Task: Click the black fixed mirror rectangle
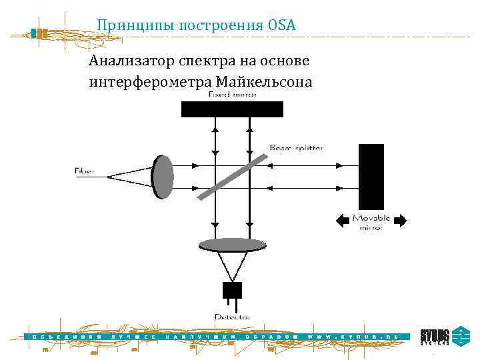[x=232, y=109]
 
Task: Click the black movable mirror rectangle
[x=371, y=176]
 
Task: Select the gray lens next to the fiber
[x=163, y=176]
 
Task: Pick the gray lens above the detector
[x=233, y=245]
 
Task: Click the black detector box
[x=232, y=290]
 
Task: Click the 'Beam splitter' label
[x=297, y=147]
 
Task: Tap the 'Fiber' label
[x=85, y=172]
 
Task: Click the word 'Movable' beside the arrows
[x=371, y=218]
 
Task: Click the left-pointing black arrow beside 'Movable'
[x=342, y=220]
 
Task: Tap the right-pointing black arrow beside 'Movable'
[x=401, y=220]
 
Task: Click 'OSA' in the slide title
[x=283, y=25]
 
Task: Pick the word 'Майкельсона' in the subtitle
[x=263, y=82]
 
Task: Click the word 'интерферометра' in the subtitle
[x=150, y=82]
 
